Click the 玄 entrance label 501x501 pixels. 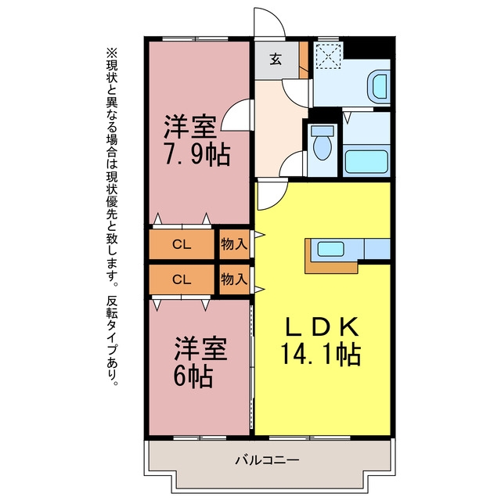point(276,59)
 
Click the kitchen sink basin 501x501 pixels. point(330,249)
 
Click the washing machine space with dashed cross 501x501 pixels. point(329,56)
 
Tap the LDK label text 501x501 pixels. point(321,326)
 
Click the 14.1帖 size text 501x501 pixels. point(320,354)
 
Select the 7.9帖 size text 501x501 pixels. point(196,154)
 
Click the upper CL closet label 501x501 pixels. point(182,245)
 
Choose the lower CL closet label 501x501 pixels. point(182,280)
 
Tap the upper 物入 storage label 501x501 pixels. point(234,244)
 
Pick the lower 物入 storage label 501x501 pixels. point(234,279)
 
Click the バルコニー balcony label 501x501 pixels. point(268,460)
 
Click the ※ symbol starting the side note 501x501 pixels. point(112,52)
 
